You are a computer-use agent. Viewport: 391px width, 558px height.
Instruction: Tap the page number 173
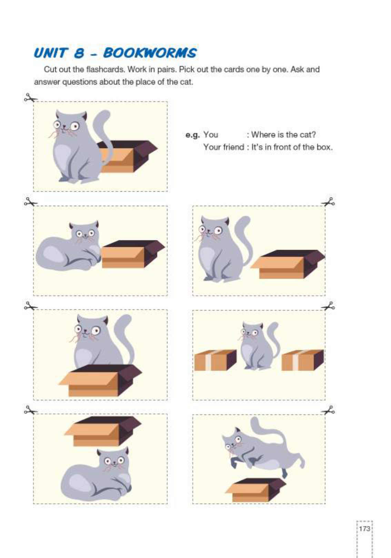coord(364,529)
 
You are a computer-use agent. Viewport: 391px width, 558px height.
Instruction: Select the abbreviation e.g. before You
coord(192,135)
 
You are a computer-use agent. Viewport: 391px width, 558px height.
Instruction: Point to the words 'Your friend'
coord(223,147)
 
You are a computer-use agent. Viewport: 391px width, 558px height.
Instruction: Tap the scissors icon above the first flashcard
coord(30,98)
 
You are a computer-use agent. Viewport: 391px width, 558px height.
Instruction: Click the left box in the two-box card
coord(215,360)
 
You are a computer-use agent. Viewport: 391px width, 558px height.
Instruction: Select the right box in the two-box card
coord(302,360)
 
